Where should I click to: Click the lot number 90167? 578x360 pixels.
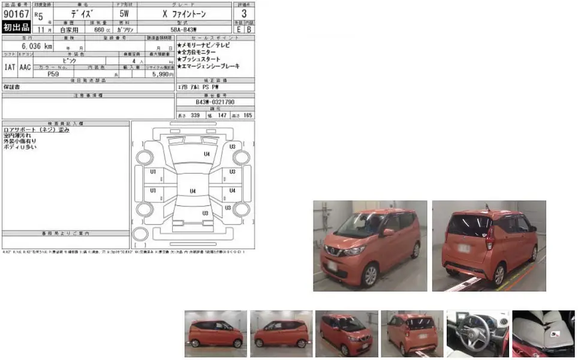(x=16, y=13)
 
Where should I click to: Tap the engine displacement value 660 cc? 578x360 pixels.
(x=96, y=29)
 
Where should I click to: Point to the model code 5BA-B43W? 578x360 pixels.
(x=187, y=29)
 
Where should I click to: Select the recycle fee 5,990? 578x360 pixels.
(x=162, y=74)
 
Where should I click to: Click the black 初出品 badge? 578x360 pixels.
(x=16, y=28)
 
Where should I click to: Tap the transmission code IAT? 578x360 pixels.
(x=10, y=67)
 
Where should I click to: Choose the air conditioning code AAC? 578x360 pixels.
(x=25, y=67)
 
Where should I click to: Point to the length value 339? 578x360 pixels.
(x=194, y=115)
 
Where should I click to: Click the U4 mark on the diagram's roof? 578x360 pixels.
(x=192, y=191)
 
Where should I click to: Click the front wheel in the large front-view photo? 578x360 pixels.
(x=370, y=275)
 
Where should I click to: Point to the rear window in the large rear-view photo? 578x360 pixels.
(x=468, y=226)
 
